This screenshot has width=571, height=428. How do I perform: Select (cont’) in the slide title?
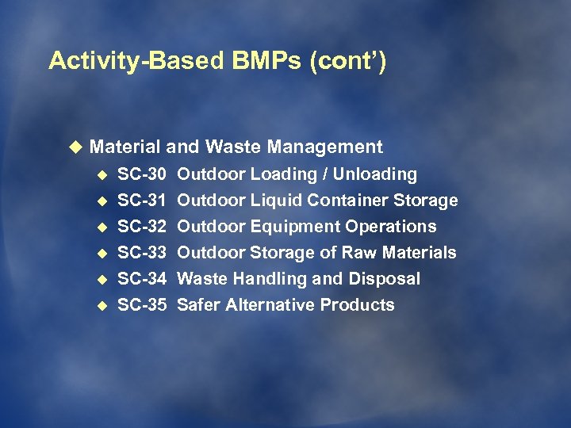pyautogui.click(x=349, y=62)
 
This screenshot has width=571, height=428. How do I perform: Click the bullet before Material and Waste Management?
pyautogui.click(x=75, y=147)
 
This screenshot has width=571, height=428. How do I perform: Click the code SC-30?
pyautogui.click(x=142, y=174)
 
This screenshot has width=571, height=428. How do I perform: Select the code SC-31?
pyautogui.click(x=142, y=201)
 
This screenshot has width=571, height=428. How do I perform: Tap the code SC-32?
pyautogui.click(x=142, y=227)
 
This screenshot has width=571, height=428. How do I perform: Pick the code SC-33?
pyautogui.click(x=142, y=253)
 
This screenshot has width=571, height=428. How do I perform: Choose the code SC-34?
pyautogui.click(x=142, y=279)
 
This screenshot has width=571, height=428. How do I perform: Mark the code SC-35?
pyautogui.click(x=142, y=305)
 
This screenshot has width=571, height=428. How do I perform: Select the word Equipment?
pyautogui.click(x=296, y=227)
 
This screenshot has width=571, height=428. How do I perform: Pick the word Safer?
pyautogui.click(x=198, y=305)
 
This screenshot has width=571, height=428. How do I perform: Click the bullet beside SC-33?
pyautogui.click(x=101, y=254)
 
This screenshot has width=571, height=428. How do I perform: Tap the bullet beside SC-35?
pyautogui.click(x=101, y=306)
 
